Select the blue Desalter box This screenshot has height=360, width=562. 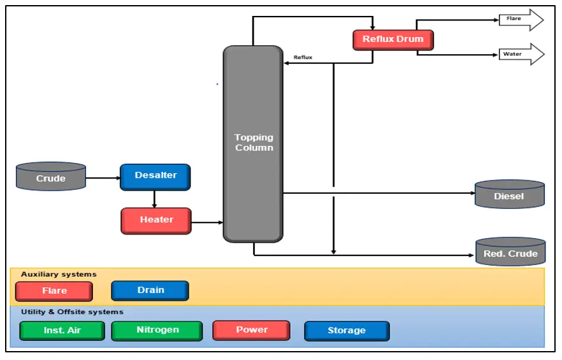(x=155, y=176)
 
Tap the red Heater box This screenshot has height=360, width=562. (x=156, y=220)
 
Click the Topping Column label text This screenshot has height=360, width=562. (x=253, y=143)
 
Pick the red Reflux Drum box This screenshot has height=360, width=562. (x=393, y=40)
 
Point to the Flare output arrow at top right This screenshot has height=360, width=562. (x=521, y=20)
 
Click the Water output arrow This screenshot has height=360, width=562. (x=521, y=55)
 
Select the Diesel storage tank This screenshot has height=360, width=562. (x=509, y=195)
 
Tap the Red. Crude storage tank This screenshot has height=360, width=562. (x=510, y=252)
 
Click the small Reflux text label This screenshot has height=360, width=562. (x=303, y=57)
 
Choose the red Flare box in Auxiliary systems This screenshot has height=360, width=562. (x=54, y=291)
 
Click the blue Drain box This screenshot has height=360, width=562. (x=150, y=291)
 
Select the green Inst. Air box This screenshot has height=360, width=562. (x=62, y=331)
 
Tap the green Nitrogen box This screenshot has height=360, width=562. (x=157, y=331)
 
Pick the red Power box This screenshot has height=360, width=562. (x=251, y=330)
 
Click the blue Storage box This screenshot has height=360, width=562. (x=346, y=331)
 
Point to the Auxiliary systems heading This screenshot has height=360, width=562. (x=59, y=274)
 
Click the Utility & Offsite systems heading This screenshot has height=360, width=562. (x=72, y=312)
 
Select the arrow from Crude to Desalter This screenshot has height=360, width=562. (x=103, y=178)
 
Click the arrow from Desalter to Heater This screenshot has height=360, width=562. (x=154, y=199)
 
